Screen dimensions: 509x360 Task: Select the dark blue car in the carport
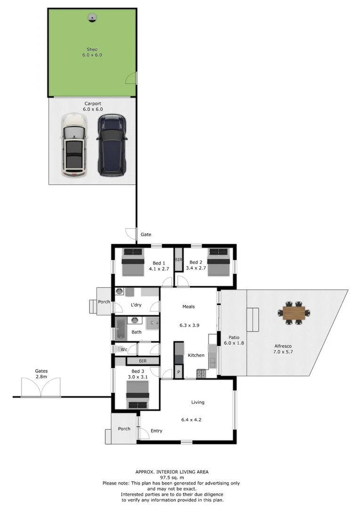coord(112,145)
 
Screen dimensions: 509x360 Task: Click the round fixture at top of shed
coord(92,18)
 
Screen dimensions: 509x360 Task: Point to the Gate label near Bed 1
coord(146,234)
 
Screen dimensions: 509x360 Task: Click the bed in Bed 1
coord(133,262)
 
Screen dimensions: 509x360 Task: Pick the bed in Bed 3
coord(138,394)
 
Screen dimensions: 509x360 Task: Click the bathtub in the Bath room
coord(120,328)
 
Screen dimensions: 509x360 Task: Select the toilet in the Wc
coord(118,349)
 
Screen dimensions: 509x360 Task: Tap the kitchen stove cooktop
coord(201,374)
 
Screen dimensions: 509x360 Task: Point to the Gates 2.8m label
coord(41,374)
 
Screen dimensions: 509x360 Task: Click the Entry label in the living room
coord(156,431)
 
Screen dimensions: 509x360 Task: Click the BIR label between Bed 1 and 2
coord(179,260)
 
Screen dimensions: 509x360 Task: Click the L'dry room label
coord(136,305)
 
